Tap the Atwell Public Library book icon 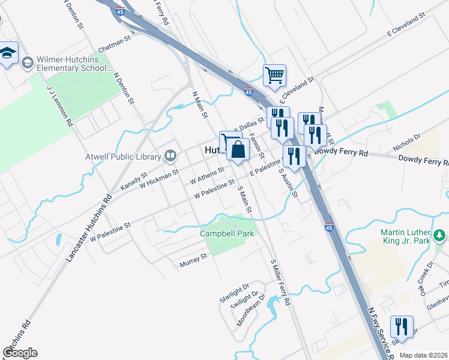coord(170,157)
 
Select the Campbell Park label coord(228,233)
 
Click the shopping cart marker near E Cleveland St coord(274,76)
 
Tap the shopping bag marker coord(238,151)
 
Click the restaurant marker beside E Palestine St coord(294,157)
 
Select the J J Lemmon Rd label coord(60,105)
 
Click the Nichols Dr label coord(407,142)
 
